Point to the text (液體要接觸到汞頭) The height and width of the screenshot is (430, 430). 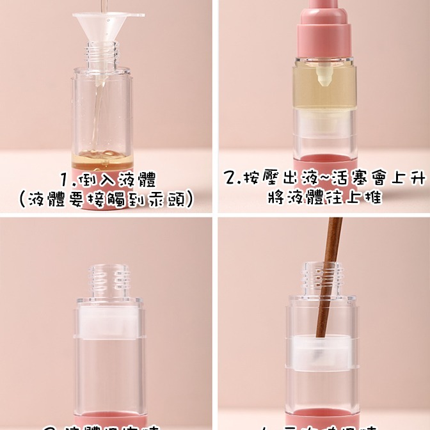(106, 200)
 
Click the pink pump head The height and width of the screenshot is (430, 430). (324, 26)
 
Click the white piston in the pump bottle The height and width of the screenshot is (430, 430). (324, 128)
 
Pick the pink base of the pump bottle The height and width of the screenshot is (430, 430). (324, 163)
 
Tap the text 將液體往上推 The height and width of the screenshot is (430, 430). (324, 198)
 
